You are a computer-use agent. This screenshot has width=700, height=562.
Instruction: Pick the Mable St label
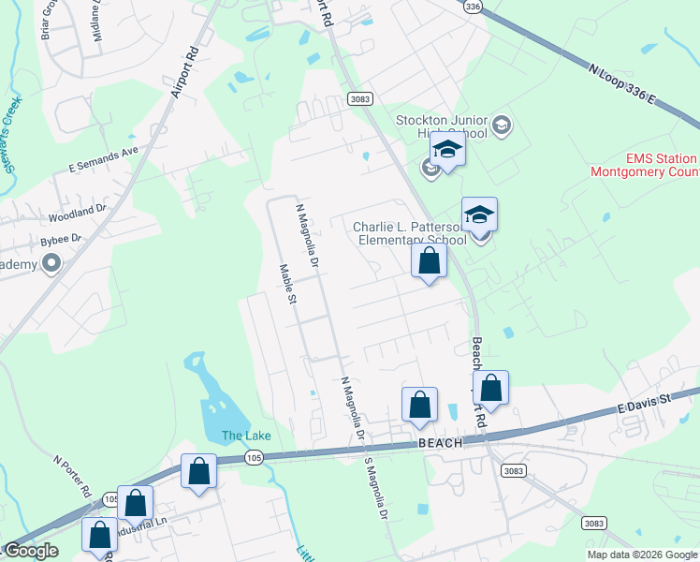click(287, 285)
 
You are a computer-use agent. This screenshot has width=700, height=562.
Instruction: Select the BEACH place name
click(441, 442)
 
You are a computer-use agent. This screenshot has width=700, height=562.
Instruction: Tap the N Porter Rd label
click(72, 477)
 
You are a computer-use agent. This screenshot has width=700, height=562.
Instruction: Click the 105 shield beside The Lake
click(254, 456)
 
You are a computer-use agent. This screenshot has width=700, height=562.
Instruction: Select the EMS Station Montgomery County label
click(644, 166)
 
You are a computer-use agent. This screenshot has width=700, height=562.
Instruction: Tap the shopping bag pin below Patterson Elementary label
click(430, 261)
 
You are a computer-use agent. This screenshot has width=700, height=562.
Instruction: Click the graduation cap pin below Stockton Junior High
click(447, 151)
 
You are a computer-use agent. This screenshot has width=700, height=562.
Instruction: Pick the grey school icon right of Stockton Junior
click(502, 126)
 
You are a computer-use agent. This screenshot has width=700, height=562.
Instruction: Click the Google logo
click(30, 551)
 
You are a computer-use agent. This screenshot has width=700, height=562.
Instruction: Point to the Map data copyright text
click(641, 555)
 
